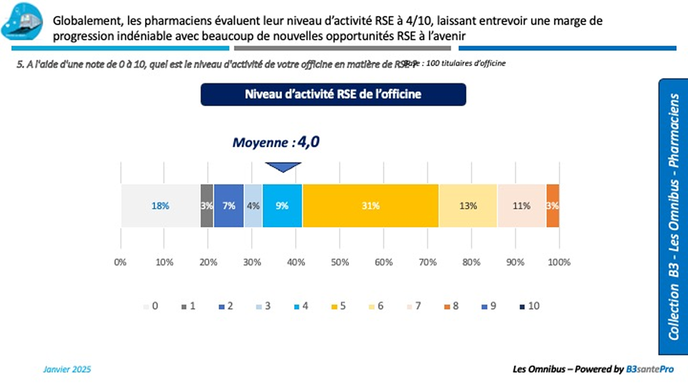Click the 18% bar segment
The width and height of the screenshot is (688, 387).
[x=160, y=206]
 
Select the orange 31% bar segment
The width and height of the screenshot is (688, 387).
[x=370, y=206]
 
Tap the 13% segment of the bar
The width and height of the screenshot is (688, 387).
[x=468, y=206]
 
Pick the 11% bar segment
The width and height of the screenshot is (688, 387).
[x=521, y=206]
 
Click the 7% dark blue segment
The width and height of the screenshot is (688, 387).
[x=229, y=206]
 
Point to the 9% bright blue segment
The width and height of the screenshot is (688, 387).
[x=282, y=206]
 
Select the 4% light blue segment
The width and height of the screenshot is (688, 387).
[x=253, y=206]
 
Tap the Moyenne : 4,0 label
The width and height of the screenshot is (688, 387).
[x=276, y=143]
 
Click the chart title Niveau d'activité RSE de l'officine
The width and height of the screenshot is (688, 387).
[x=333, y=94]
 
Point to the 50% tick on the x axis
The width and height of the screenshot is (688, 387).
[x=339, y=262]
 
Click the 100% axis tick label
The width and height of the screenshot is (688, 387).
[x=559, y=262]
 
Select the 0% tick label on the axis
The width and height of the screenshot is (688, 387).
[x=120, y=262]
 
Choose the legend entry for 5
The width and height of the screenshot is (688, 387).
[x=338, y=306]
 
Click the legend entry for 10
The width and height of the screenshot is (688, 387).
[x=529, y=306]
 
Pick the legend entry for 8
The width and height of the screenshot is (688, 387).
[x=450, y=306]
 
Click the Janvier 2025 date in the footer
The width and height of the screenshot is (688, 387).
[x=67, y=370]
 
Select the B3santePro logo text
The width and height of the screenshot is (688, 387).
[x=650, y=370]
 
